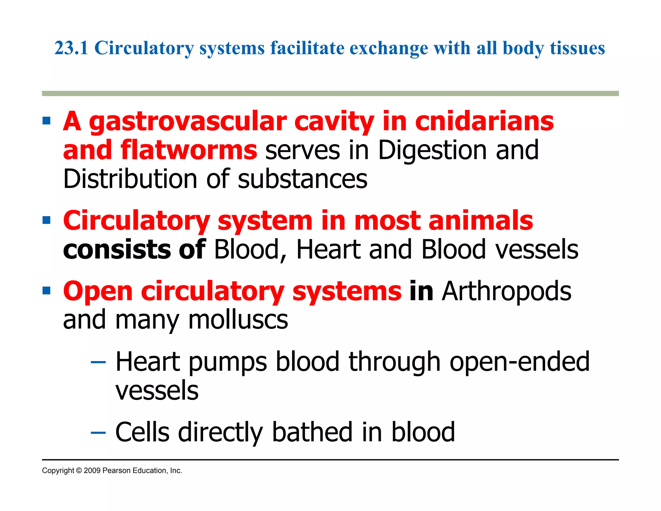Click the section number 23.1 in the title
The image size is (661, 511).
(71, 48)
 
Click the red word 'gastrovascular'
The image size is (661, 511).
(188, 122)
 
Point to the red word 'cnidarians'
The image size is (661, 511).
(484, 121)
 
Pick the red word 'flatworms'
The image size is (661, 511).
(189, 150)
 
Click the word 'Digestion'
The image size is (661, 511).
(432, 151)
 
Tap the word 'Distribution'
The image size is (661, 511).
(130, 179)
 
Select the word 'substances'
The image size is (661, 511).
(302, 180)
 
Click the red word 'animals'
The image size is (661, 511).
(481, 221)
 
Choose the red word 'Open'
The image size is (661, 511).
(98, 292)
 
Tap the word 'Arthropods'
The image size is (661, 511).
(506, 292)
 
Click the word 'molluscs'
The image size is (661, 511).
(238, 320)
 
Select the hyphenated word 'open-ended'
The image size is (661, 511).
(519, 362)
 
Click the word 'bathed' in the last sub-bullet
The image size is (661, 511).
(312, 432)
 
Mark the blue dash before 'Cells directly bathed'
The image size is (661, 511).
(98, 432)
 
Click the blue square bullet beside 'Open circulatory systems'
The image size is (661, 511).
(46, 290)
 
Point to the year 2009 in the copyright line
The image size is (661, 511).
(92, 471)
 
